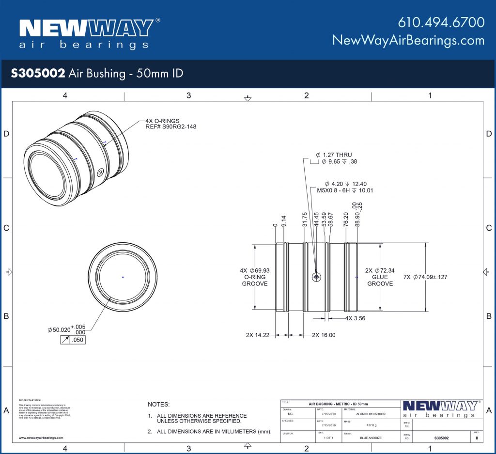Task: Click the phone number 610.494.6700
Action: pyautogui.click(x=441, y=22)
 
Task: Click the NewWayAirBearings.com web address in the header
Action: pyautogui.click(x=408, y=40)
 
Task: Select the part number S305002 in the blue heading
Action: pyautogui.click(x=38, y=73)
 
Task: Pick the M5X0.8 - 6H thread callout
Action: pyautogui.click(x=344, y=190)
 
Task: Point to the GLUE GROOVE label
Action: pyautogui.click(x=380, y=281)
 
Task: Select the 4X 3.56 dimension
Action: pyautogui.click(x=355, y=318)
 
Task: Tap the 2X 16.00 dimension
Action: pyautogui.click(x=324, y=335)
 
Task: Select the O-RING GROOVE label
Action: pyautogui.click(x=255, y=277)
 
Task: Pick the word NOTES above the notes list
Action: pyautogui.click(x=158, y=404)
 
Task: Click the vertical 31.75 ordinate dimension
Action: pyautogui.click(x=304, y=219)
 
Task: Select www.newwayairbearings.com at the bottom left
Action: pyautogui.click(x=41, y=438)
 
